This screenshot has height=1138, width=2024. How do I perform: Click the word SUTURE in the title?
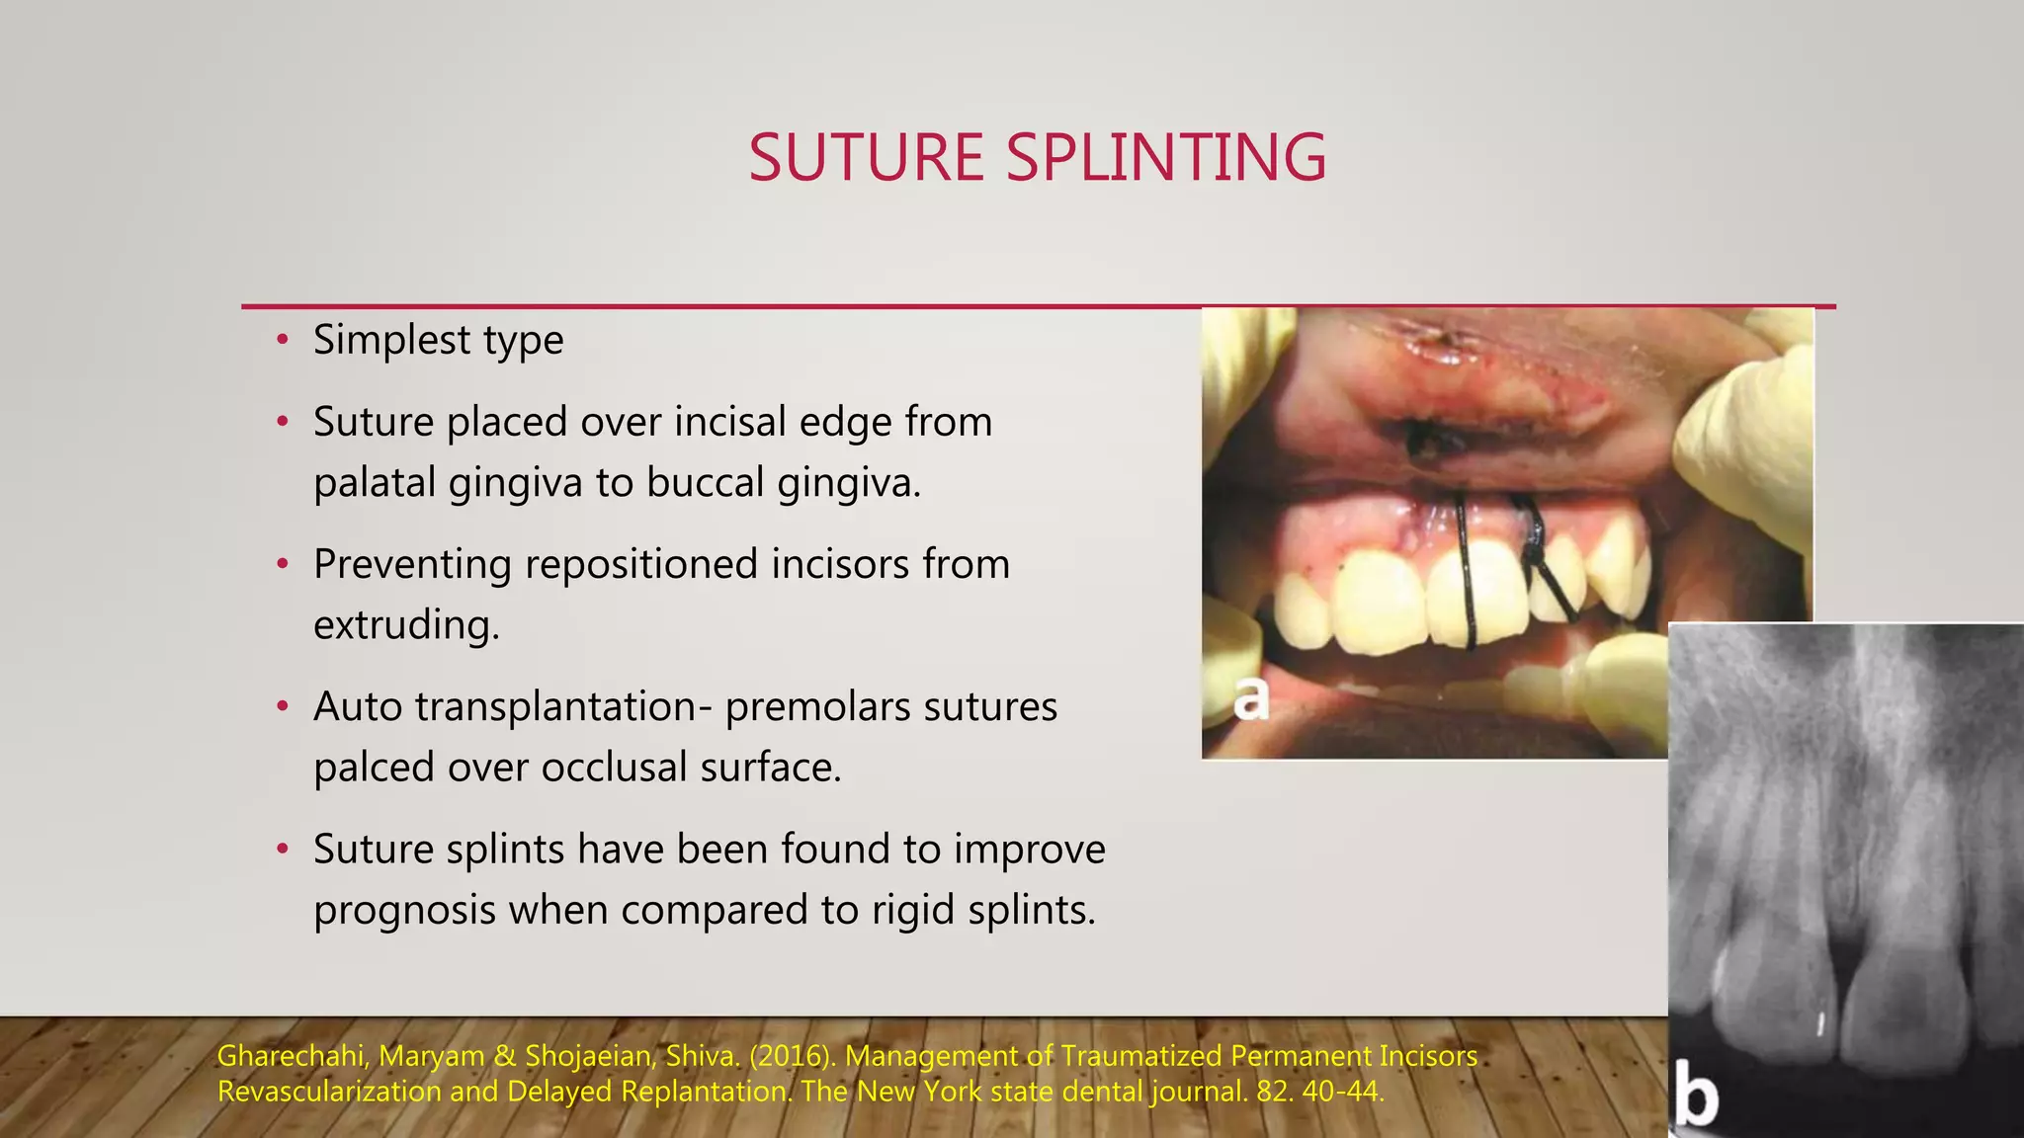pos(866,158)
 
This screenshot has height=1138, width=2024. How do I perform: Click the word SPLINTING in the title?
pos(1166,158)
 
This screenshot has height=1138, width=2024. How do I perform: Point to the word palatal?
pos(374,483)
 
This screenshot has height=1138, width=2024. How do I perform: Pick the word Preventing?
pos(412,565)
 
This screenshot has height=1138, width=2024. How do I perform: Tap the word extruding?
pos(406,625)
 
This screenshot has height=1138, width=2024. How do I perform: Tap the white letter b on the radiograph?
pos(1697,1097)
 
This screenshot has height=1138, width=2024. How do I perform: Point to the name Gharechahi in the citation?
pos(292,1056)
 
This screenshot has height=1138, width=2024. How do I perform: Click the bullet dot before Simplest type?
pos(283,341)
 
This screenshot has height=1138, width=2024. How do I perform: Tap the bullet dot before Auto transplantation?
pos(283,707)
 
